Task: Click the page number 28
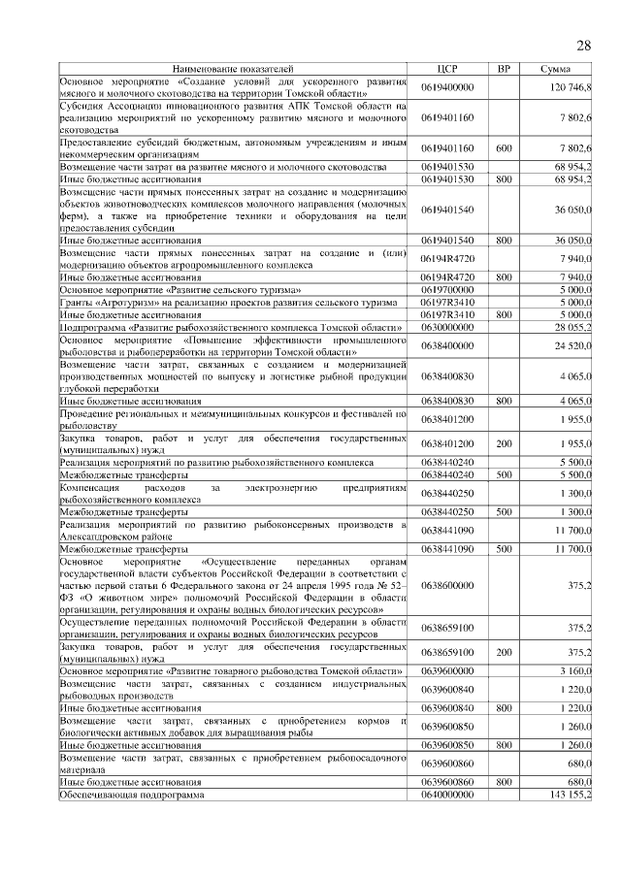584,46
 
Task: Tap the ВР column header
504,71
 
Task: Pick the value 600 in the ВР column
504,148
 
